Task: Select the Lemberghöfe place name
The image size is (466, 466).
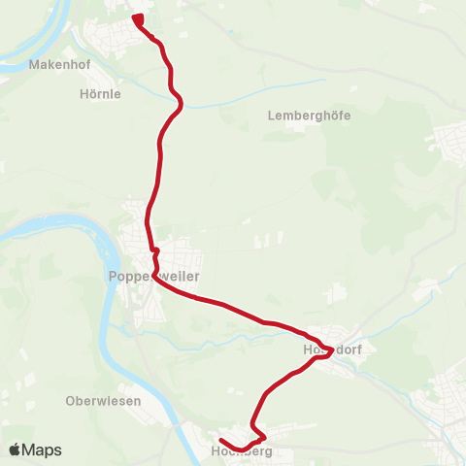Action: click(308, 115)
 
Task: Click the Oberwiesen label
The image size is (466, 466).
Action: click(103, 400)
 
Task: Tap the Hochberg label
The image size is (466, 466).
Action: click(242, 451)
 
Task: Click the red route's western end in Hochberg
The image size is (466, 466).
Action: click(220, 441)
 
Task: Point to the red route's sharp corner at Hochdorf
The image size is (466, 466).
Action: click(332, 350)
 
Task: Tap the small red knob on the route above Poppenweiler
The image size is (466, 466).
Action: click(155, 250)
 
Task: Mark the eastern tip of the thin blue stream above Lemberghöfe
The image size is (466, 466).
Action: click(325, 81)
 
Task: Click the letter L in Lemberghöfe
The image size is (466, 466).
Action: click(271, 115)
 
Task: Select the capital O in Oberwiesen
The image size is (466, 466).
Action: click(70, 400)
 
